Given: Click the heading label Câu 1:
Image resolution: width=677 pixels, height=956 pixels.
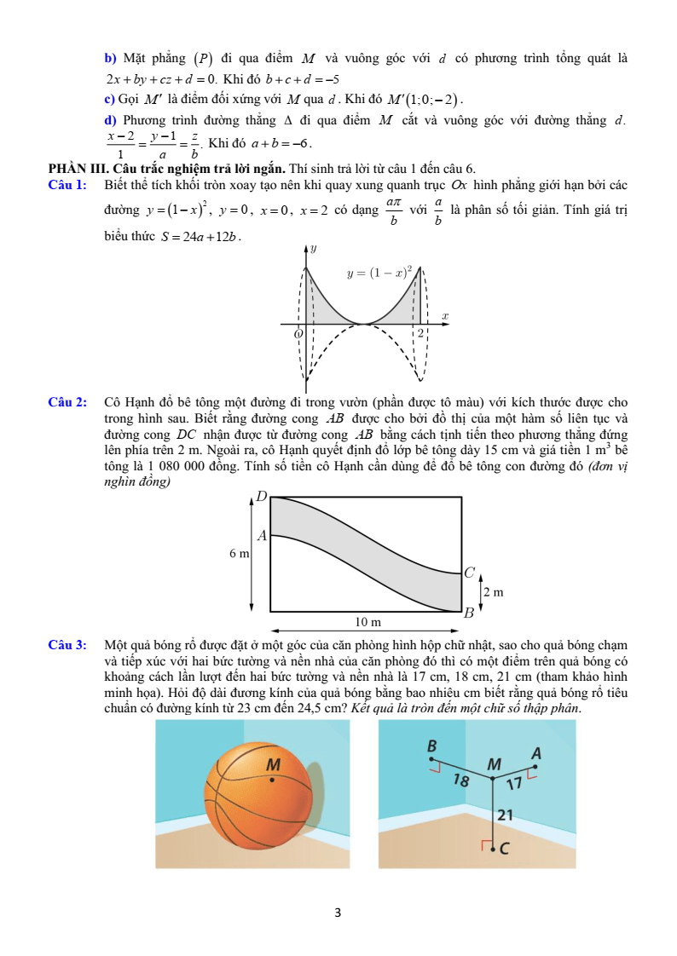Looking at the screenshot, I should coord(67,184).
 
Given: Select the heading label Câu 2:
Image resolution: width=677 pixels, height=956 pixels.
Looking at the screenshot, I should coord(67,402).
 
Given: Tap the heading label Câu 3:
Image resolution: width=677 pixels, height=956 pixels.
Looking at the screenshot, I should coord(67,645).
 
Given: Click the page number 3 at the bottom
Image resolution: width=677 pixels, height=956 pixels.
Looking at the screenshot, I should coord(338,913).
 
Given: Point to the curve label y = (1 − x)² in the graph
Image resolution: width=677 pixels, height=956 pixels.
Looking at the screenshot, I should coord(380,273).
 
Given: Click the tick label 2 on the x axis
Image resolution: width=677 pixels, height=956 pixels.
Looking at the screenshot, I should coord(420,333).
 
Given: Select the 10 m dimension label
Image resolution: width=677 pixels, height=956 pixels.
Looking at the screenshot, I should coord(367,623).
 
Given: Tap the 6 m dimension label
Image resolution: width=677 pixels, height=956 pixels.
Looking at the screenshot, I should coord(239,554).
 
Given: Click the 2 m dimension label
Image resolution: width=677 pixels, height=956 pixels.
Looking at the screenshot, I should coord(493,591).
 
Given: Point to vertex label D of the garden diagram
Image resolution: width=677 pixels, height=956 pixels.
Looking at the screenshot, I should coord(262,496).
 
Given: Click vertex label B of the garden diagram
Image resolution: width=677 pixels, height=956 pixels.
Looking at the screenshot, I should coord(468,613).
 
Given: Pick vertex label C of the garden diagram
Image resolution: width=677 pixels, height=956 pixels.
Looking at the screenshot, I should coord(468,573).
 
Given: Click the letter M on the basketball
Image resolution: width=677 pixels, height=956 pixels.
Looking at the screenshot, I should coord(274,763).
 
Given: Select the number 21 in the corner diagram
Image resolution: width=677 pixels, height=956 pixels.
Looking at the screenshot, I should coord(505,815).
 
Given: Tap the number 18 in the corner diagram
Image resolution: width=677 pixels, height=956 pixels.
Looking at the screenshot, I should coord(461,781).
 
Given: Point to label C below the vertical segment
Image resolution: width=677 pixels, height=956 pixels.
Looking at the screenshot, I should coord(504,849).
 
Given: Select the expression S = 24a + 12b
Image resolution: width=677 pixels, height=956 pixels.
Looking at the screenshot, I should coord(200,237).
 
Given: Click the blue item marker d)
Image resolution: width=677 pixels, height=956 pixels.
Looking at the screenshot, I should coord(109,121).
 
